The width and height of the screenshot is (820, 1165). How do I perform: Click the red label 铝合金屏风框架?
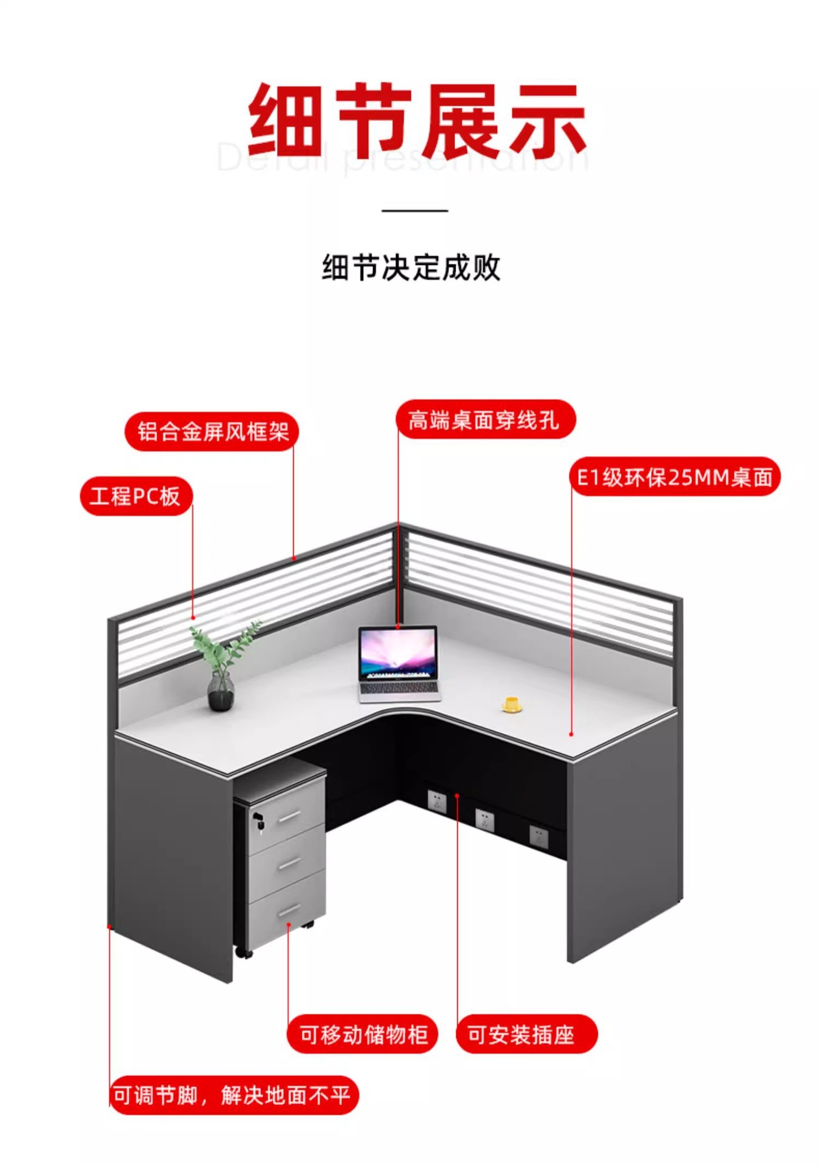click(x=212, y=432)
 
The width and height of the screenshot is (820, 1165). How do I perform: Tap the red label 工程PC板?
click(x=136, y=496)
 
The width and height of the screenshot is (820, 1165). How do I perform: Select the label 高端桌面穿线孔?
click(x=484, y=419)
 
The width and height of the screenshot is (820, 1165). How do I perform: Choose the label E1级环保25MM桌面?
click(x=674, y=477)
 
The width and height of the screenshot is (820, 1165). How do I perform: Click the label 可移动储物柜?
click(x=363, y=1035)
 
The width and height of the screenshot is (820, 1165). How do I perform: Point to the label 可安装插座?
click(x=526, y=1035)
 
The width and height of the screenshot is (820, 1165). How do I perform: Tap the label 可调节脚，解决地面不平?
click(x=233, y=1096)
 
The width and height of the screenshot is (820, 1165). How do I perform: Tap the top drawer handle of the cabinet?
click(x=289, y=817)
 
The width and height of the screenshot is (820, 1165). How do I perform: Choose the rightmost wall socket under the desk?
click(x=539, y=837)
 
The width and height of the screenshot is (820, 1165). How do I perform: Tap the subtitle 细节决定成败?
click(x=411, y=268)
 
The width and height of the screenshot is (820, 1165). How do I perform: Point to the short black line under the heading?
click(x=415, y=211)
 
